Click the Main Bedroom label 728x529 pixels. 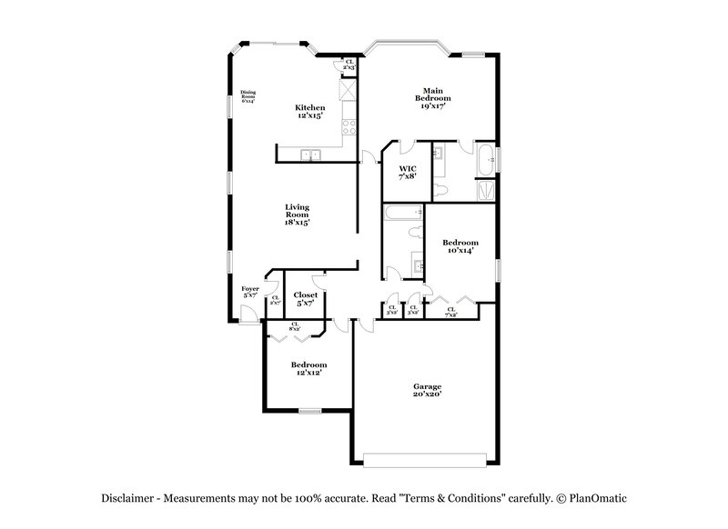pos(433,97)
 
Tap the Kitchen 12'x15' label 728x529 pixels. pos(309,112)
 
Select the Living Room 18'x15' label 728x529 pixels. pos(297,215)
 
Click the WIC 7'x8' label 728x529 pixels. pos(408,172)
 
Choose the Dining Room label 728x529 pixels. pos(248,95)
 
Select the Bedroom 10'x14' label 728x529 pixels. pos(460,246)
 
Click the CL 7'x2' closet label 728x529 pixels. pos(452,311)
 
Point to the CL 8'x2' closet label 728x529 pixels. pos(295,325)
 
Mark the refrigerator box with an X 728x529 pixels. pos(346,92)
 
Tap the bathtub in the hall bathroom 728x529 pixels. pos(401,214)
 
